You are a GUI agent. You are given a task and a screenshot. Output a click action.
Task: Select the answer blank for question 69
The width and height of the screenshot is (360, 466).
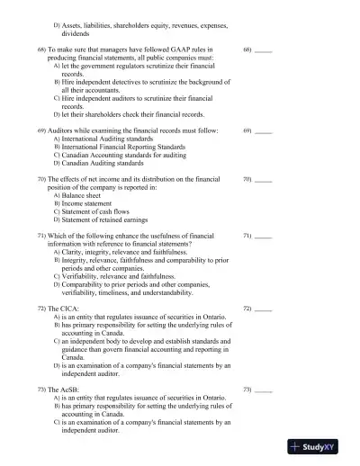pyautogui.click(x=263, y=131)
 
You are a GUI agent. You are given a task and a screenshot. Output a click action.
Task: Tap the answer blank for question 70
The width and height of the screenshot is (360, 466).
pyautogui.click(x=263, y=181)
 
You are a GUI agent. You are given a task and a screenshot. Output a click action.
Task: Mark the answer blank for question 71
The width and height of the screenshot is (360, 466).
pyautogui.click(x=263, y=236)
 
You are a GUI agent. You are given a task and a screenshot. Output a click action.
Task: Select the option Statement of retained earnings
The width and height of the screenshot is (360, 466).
pyautogui.click(x=104, y=220)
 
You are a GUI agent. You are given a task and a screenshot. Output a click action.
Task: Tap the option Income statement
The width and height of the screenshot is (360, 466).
pyautogui.click(x=88, y=203)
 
